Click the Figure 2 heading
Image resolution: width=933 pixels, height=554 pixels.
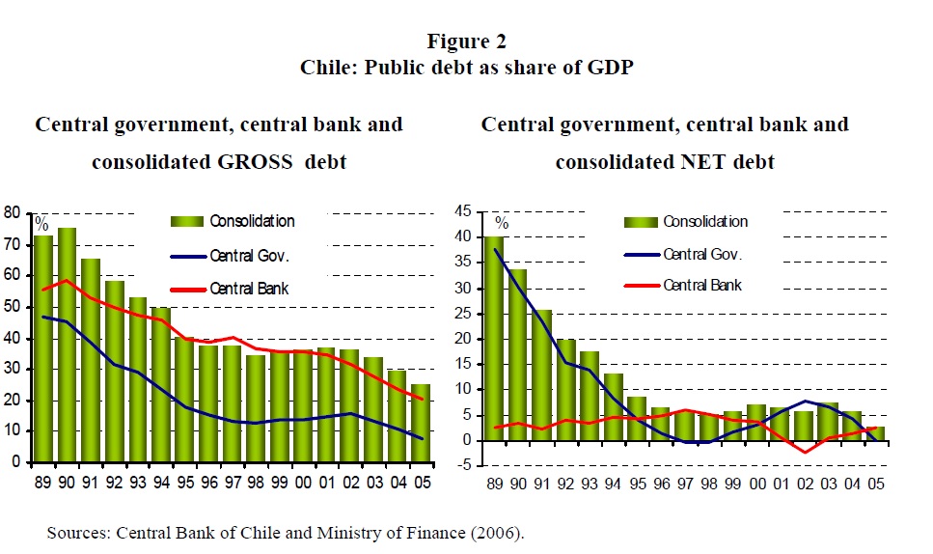466,41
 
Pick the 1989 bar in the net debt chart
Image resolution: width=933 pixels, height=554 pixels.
495,338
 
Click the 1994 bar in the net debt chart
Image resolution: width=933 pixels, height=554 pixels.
614,406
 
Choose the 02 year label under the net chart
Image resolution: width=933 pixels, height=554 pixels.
804,484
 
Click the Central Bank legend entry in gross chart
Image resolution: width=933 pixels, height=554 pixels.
249,289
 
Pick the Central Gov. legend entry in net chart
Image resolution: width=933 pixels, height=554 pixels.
701,254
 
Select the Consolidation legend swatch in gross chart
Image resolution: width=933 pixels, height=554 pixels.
188,221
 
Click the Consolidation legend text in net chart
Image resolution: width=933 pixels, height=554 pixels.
705,221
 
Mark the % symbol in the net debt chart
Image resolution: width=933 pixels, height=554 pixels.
502,224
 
